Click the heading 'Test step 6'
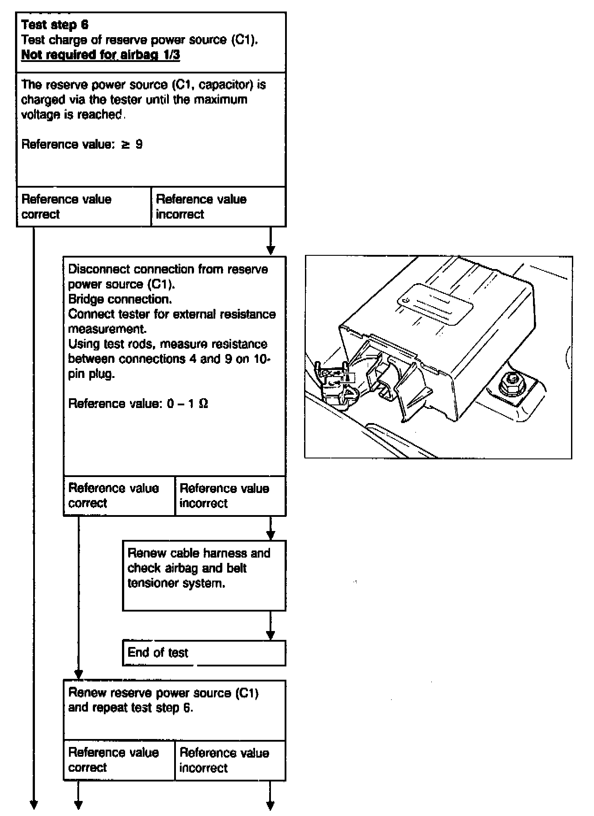point(55,25)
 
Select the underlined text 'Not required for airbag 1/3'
point(101,55)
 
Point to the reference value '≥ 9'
point(132,145)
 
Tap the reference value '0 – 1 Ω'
point(187,404)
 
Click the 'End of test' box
point(204,653)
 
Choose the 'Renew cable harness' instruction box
point(204,575)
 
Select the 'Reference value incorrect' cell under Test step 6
point(218,207)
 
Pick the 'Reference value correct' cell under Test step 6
point(84,207)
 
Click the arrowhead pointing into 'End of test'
point(270,635)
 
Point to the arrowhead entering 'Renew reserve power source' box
point(79,675)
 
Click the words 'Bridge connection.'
point(120,300)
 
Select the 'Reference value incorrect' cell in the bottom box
point(230,760)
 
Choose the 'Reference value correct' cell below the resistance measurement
point(119,496)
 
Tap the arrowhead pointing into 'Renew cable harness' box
point(270,535)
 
